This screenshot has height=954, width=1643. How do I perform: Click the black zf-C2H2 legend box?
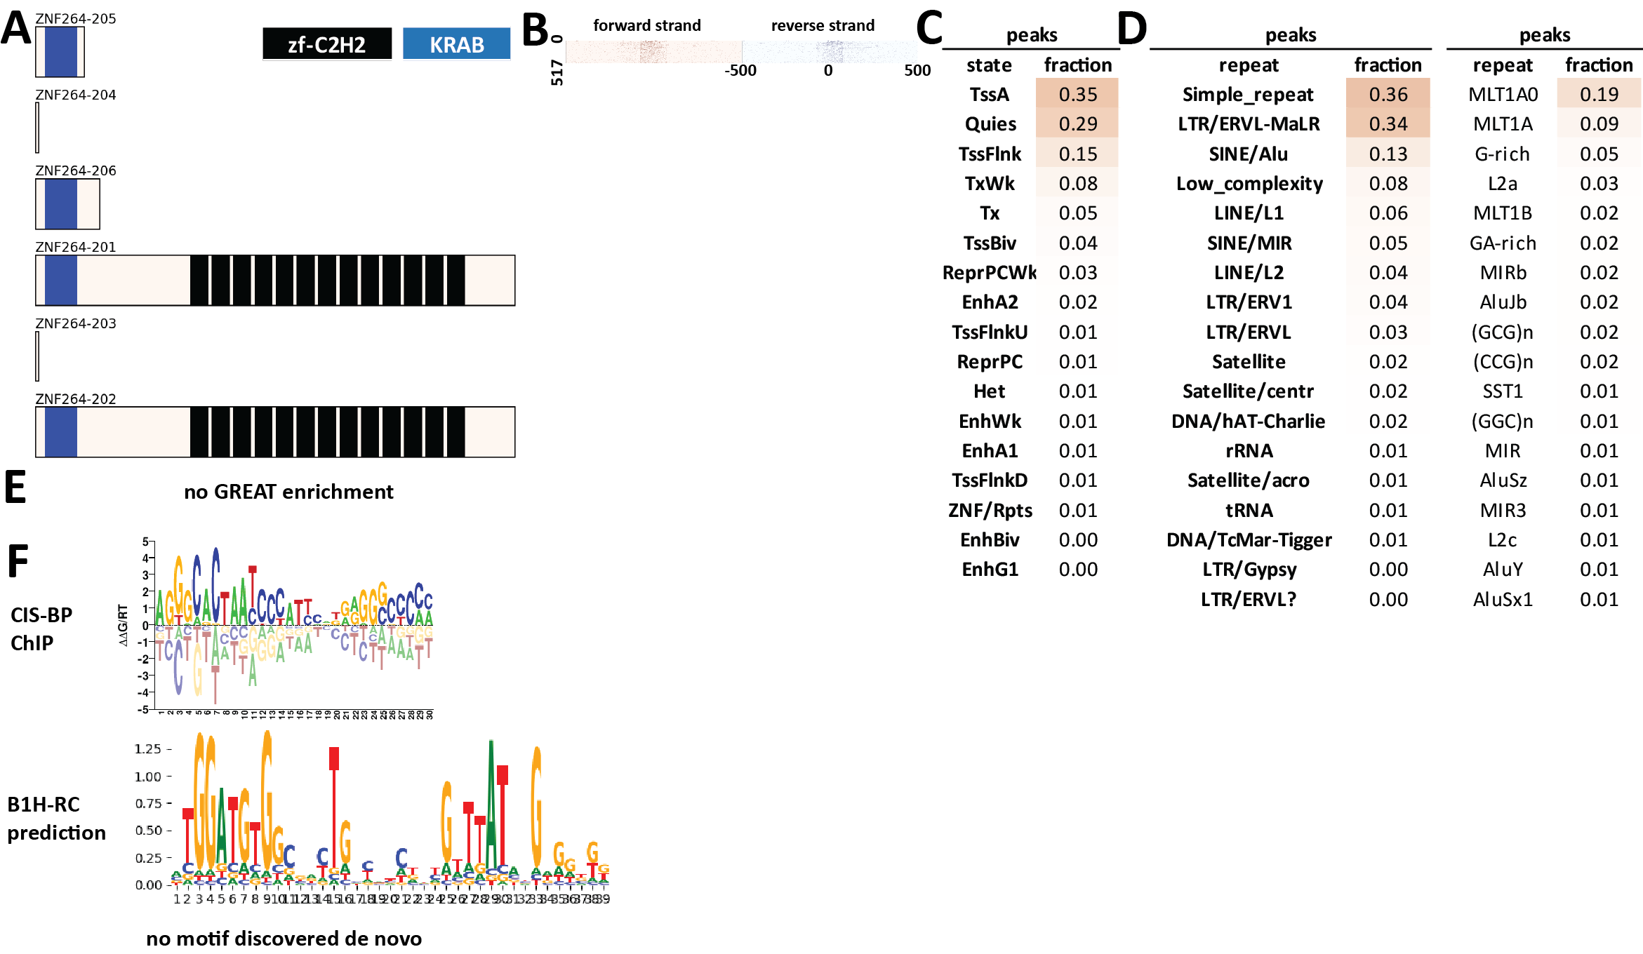click(326, 44)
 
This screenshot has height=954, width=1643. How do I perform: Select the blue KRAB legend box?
click(456, 44)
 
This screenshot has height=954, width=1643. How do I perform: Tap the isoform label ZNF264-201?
click(76, 247)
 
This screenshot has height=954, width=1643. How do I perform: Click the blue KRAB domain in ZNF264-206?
click(60, 204)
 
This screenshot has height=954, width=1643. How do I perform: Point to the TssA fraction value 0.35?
click(1077, 94)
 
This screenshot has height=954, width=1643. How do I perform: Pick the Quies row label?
click(990, 124)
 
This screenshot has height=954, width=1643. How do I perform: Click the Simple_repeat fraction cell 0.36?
click(1388, 94)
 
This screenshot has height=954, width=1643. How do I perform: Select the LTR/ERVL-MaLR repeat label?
click(1249, 124)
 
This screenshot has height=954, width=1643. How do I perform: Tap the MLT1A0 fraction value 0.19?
click(1599, 94)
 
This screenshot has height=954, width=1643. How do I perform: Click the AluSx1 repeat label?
click(1503, 599)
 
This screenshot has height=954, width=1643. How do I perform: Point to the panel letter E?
click(15, 487)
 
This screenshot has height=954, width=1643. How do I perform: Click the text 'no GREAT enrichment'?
click(288, 492)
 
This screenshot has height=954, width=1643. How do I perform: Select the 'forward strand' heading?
click(646, 25)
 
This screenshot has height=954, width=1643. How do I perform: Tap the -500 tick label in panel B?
click(740, 70)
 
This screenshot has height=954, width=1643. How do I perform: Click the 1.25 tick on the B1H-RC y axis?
click(148, 749)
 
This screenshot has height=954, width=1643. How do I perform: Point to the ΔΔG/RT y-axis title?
click(124, 624)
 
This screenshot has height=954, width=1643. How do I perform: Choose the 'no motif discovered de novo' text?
click(284, 939)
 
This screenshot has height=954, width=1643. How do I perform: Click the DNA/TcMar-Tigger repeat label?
click(1249, 540)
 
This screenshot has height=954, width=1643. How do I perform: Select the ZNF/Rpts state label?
click(990, 511)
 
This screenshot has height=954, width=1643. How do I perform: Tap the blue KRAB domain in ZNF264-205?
click(60, 52)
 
